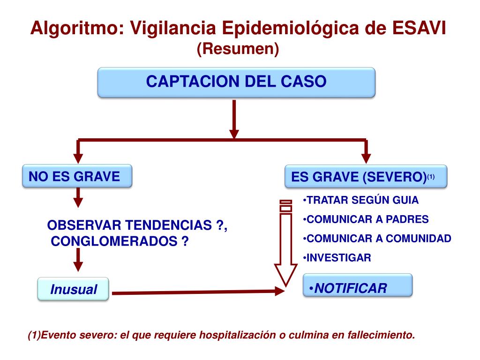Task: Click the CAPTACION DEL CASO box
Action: click(236, 82)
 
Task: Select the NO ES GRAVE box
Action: click(77, 177)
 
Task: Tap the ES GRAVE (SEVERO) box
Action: click(366, 177)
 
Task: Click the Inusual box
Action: click(73, 289)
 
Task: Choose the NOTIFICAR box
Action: click(358, 285)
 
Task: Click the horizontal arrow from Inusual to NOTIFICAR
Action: click(197, 292)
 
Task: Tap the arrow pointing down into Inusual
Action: click(78, 260)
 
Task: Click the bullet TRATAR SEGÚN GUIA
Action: click(360, 200)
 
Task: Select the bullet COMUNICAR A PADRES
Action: click(366, 219)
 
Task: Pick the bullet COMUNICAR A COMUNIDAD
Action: click(377, 239)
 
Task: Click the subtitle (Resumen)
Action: click(238, 49)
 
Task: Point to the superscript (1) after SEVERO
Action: click(431, 177)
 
